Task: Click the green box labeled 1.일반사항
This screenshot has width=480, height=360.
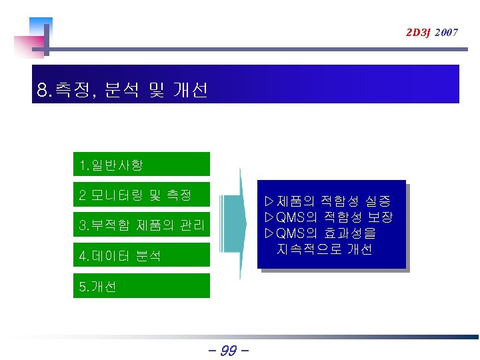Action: (x=141, y=164)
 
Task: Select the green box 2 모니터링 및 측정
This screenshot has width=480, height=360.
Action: (x=141, y=195)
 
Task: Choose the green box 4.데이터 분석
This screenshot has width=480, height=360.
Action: (x=141, y=255)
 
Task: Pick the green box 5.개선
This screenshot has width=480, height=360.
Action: (x=141, y=286)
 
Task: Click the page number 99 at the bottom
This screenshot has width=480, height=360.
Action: (x=228, y=349)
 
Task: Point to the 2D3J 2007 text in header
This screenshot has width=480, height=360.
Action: (x=431, y=32)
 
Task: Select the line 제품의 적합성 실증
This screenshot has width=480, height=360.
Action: (x=327, y=201)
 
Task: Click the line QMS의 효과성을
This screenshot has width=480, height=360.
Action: (x=320, y=233)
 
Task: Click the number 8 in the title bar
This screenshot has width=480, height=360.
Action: (x=43, y=90)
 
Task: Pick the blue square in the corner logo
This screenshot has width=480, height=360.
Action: (x=42, y=27)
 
